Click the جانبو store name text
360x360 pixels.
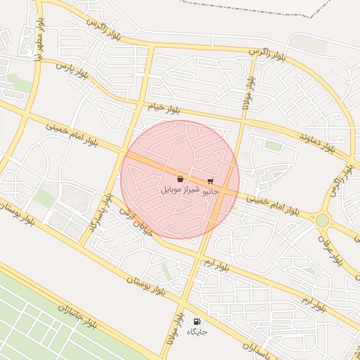point(211,191)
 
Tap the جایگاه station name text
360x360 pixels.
point(197,331)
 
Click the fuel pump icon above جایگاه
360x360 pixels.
point(197,321)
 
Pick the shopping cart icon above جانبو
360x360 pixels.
point(210,181)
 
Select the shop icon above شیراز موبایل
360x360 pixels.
point(181,179)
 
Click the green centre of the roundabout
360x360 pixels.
point(322,220)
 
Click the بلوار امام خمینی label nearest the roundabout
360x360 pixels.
point(278,205)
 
